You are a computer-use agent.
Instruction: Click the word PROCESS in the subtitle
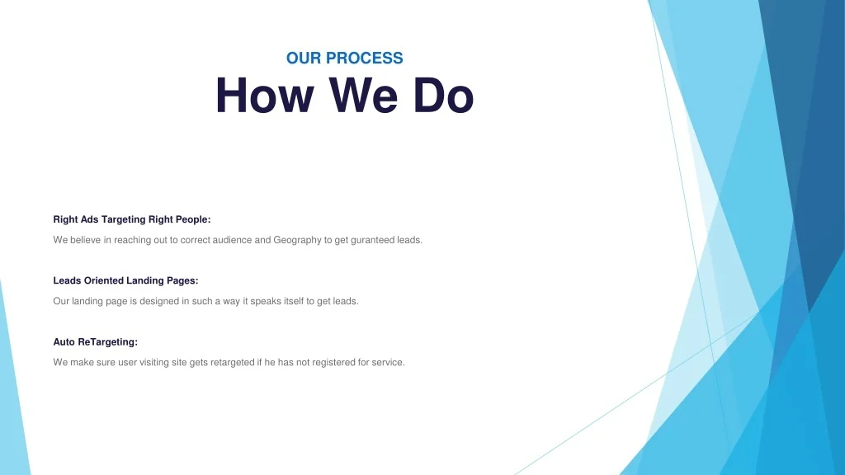click(364, 59)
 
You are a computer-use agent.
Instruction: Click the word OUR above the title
click(304, 59)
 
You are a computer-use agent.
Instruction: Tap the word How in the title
click(265, 96)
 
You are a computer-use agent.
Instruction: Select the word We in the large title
click(363, 96)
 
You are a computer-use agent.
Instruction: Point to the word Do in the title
click(443, 96)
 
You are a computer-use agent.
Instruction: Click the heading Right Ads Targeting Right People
click(132, 219)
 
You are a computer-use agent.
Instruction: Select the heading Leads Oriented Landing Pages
click(125, 280)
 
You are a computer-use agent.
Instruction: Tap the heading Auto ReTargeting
click(96, 342)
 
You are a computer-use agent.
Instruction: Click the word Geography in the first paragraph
click(297, 240)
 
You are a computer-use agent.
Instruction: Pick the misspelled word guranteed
click(372, 240)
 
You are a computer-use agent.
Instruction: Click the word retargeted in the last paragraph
click(232, 363)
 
